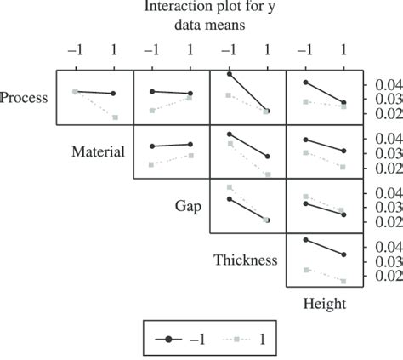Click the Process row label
[24, 98]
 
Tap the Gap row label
[188, 206]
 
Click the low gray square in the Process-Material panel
[115, 117]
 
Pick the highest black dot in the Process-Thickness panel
[230, 75]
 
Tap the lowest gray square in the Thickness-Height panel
[344, 281]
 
